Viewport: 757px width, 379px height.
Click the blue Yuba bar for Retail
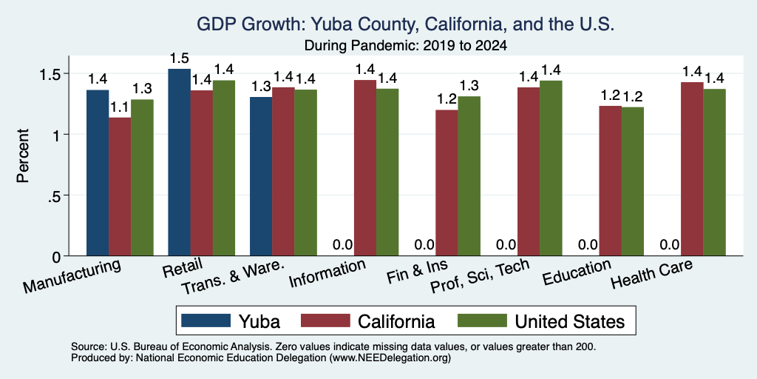(179, 162)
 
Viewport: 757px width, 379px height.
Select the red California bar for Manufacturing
(120, 187)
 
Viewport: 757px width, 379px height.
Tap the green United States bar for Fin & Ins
(469, 176)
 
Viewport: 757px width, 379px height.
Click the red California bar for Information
(365, 168)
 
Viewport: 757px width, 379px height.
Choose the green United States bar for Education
(633, 181)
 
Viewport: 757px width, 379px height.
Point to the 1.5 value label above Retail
(179, 58)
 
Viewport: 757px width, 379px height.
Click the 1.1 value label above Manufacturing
(120, 107)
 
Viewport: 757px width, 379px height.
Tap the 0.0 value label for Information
(343, 244)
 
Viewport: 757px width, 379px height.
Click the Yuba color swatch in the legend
(206, 321)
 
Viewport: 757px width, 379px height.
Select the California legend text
(396, 321)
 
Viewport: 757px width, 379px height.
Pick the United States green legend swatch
(482, 321)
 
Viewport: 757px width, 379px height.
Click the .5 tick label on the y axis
(55, 195)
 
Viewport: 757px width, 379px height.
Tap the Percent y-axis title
(23, 155)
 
